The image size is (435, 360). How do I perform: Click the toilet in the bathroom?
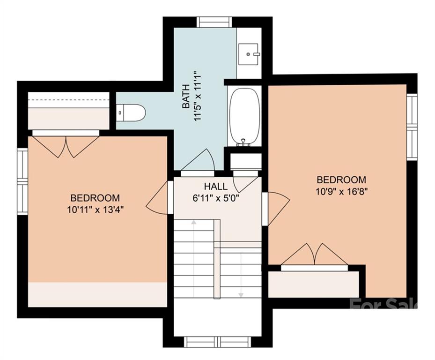pos(130,113)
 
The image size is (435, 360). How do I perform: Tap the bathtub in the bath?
pos(244,117)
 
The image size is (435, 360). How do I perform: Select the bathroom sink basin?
pos(248,54)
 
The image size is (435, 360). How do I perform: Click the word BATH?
pos(186,96)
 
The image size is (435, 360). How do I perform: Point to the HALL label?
pos(216,186)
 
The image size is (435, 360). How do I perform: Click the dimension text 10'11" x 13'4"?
pos(95,210)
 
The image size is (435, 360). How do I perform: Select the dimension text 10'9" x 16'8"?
pos(341,191)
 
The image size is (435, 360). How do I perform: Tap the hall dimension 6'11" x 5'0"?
pos(216,198)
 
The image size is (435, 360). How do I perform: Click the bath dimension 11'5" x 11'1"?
pos(197,96)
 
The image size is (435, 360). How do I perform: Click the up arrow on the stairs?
pos(193,258)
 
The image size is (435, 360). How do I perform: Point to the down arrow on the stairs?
pos(241,275)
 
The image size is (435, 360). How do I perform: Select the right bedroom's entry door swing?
pos(276,208)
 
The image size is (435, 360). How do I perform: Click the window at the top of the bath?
pos(214,22)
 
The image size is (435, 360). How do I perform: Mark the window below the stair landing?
pos(217,342)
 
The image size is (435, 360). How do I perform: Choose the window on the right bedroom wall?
pos(412,127)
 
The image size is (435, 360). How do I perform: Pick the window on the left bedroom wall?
pos(22,181)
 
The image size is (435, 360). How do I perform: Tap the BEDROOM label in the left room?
pos(95,198)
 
